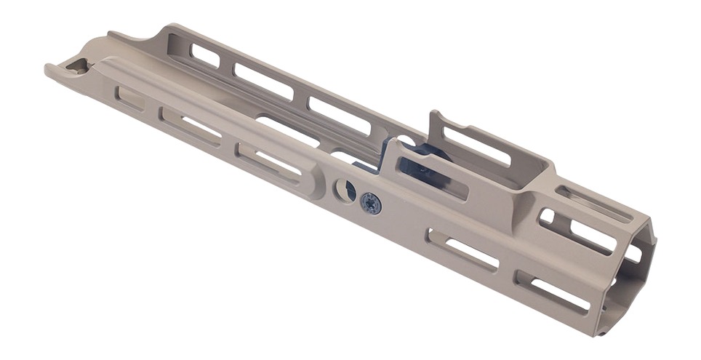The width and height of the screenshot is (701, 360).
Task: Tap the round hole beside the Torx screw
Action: [x=344, y=191]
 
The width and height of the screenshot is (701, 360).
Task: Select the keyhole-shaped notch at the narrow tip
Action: [x=76, y=67]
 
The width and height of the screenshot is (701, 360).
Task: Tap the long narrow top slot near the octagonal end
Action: [x=593, y=204]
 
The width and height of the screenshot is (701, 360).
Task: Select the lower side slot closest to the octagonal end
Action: [x=553, y=292]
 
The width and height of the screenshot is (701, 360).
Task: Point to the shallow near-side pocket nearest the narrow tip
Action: [x=130, y=98]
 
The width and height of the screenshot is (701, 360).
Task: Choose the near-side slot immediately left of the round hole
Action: [x=268, y=162]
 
